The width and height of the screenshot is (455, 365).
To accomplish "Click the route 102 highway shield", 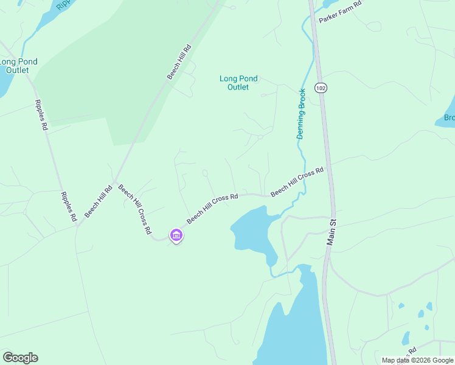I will pos(321,88).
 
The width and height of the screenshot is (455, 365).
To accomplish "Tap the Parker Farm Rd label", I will pos(340,12).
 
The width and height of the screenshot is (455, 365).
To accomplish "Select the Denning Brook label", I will pos(301,114).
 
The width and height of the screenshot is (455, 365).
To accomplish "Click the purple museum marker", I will pos(176,235).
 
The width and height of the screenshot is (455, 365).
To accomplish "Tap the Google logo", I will pos(20,358).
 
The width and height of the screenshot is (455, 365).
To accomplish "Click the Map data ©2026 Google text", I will pos(417,360).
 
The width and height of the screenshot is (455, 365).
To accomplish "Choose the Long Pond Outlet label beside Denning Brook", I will pos(238,83).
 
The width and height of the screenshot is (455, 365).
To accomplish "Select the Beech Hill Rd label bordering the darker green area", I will pos(180,61).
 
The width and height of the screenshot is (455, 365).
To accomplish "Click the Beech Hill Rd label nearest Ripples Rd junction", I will pos(99,201).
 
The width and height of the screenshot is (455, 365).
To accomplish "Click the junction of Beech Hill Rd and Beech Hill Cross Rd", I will pos(114,182).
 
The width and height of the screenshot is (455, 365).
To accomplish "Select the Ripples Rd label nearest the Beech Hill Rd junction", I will pos(68,206).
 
